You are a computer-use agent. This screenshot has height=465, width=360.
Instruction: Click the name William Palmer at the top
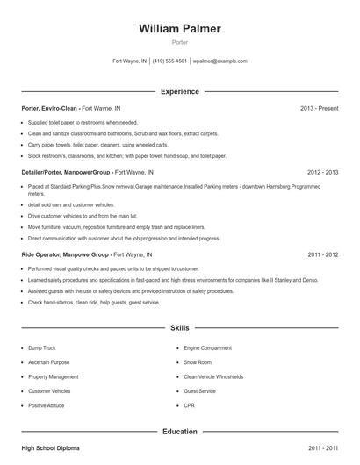[180, 29]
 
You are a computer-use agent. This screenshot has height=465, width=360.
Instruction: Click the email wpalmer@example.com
[220, 61]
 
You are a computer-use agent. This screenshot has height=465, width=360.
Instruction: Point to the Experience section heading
[180, 91]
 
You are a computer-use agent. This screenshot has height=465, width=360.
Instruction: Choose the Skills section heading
[180, 328]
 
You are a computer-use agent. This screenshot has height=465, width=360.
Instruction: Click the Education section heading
[180, 432]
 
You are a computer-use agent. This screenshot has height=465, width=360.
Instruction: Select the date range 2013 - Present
[319, 108]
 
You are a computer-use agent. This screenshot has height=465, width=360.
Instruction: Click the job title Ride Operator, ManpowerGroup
[65, 254]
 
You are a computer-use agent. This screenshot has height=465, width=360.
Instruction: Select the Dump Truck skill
[42, 348]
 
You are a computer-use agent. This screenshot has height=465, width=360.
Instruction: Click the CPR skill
[189, 405]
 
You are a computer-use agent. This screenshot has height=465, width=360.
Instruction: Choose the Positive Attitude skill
[47, 405]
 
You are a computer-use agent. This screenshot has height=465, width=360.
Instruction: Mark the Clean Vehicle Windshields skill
[213, 377]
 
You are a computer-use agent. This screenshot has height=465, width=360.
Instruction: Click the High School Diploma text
[50, 448]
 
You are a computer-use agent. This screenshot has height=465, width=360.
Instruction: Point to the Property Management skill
[54, 377]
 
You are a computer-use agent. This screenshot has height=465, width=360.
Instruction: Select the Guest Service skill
[200, 391]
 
